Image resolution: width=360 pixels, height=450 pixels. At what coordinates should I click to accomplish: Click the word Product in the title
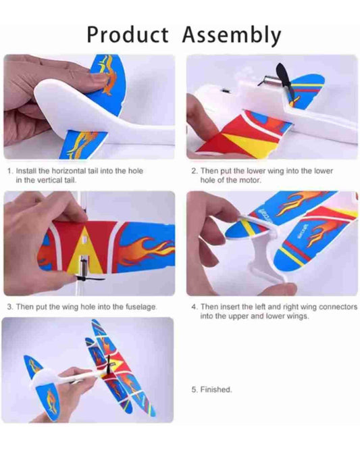(x=128, y=34)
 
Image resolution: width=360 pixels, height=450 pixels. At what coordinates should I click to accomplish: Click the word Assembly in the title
(x=232, y=36)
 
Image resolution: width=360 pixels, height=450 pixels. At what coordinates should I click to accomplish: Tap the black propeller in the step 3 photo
(x=89, y=278)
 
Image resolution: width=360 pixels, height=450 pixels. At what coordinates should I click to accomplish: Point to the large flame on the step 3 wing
(x=143, y=249)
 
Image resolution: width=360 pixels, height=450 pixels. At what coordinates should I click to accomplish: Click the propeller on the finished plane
(x=109, y=366)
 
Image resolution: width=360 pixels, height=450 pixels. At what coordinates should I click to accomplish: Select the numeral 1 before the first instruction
(x=9, y=171)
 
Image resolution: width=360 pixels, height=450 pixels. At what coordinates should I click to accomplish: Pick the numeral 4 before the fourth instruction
(x=195, y=307)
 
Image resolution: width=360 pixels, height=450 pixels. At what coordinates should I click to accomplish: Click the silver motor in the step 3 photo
(x=82, y=265)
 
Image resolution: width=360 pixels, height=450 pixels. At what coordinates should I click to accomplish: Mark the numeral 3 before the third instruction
(x=9, y=307)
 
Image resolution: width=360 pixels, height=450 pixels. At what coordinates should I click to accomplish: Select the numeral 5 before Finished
(x=195, y=389)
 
